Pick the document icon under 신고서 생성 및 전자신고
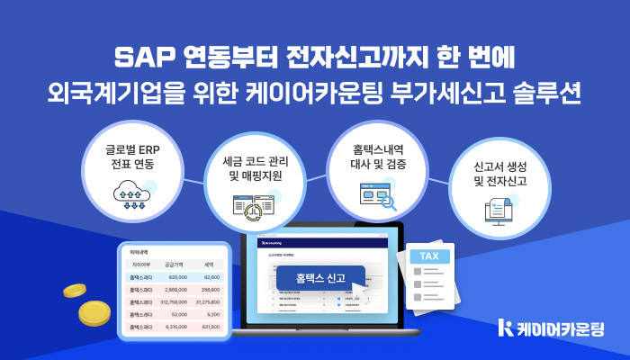499,212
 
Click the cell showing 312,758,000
167,302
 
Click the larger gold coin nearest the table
94,314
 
